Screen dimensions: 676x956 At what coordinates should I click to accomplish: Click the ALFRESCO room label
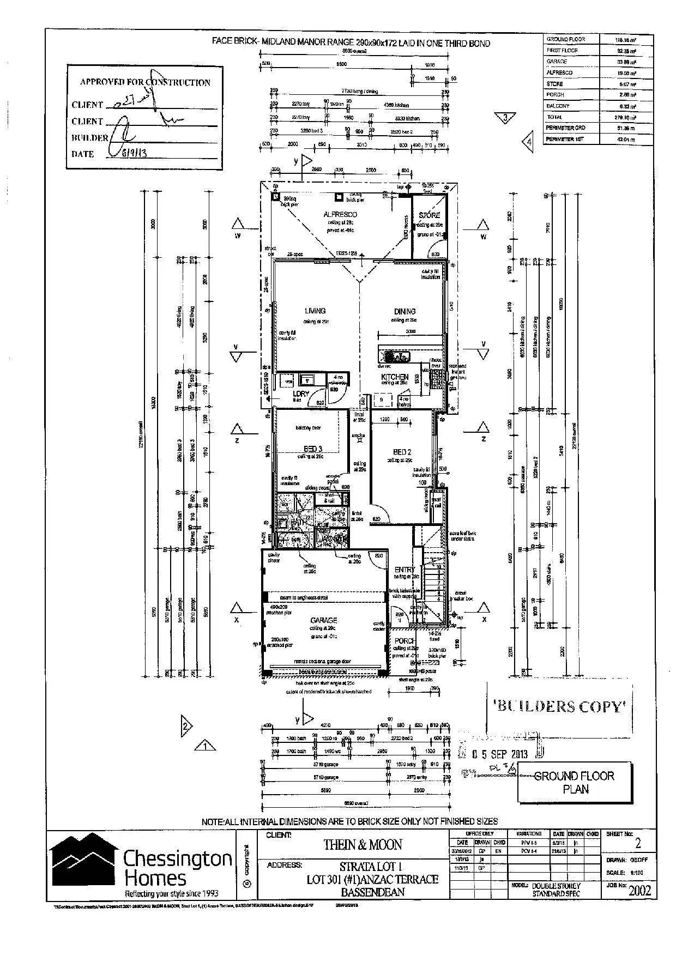pyautogui.click(x=340, y=215)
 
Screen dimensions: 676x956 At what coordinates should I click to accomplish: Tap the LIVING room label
pyautogui.click(x=315, y=311)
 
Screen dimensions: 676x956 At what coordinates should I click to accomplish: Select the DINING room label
pyautogui.click(x=405, y=312)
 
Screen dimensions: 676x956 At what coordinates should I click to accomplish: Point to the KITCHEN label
pyautogui.click(x=395, y=377)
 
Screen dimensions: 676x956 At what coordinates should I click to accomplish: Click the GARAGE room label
pyautogui.click(x=324, y=620)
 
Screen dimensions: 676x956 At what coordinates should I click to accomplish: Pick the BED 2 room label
pyautogui.click(x=402, y=452)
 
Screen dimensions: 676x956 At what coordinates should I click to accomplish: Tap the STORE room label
pyautogui.click(x=430, y=215)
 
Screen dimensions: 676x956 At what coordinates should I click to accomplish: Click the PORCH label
pyautogui.click(x=405, y=641)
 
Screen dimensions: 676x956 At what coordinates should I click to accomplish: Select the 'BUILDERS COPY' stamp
pyautogui.click(x=559, y=707)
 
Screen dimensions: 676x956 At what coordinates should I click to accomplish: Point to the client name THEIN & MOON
pyautogui.click(x=363, y=845)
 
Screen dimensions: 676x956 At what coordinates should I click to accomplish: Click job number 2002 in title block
pyautogui.click(x=639, y=891)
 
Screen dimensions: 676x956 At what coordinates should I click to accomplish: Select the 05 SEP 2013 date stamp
pyautogui.click(x=500, y=754)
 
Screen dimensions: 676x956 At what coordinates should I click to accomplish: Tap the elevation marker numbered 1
pyautogui.click(x=206, y=745)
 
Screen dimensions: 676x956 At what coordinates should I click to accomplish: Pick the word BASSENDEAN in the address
pyautogui.click(x=373, y=892)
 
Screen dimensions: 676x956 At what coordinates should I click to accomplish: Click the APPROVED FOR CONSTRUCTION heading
pyautogui.click(x=145, y=82)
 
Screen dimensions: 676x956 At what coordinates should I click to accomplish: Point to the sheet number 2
pyautogui.click(x=638, y=844)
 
